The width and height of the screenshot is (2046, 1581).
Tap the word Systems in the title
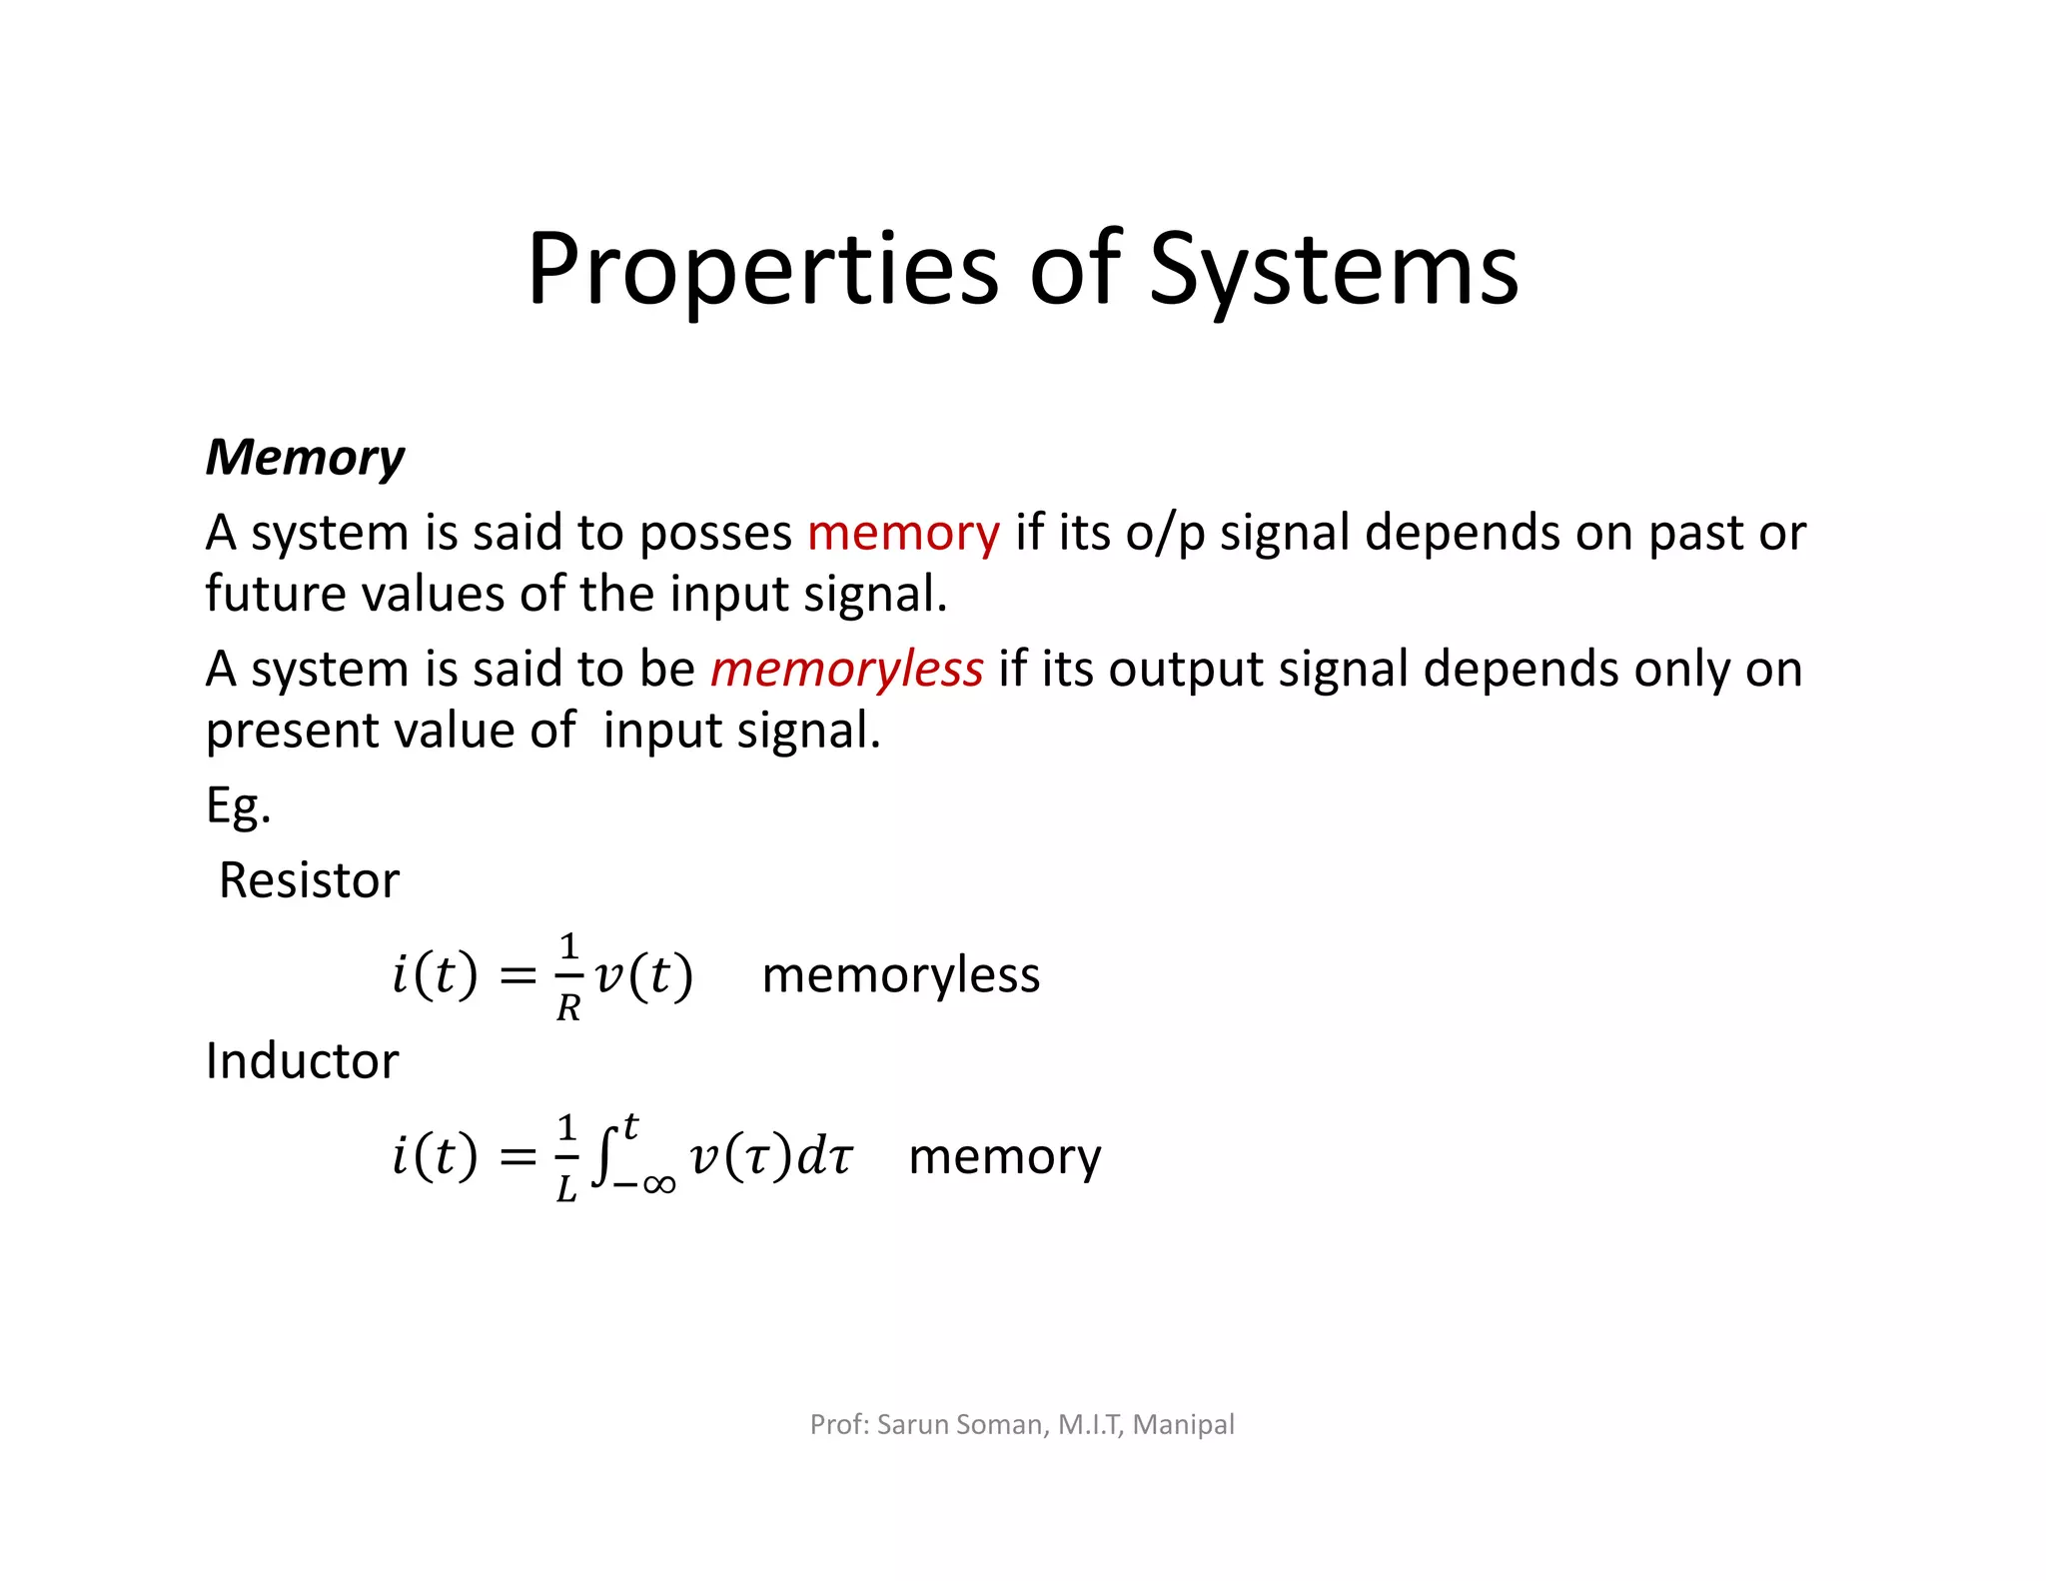point(1334,270)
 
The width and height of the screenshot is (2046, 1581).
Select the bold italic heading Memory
point(305,458)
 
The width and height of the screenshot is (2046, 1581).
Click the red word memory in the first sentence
point(903,533)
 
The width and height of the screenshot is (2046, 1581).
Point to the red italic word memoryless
point(847,669)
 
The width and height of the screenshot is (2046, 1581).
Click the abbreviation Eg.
point(238,806)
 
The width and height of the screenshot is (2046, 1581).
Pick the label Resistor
point(309,880)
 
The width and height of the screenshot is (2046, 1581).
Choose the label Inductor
point(302,1060)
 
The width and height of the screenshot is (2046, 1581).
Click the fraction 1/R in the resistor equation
point(568,975)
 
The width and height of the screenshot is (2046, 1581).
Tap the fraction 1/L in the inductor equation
point(566,1156)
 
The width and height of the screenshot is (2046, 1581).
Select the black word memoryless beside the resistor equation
point(901,974)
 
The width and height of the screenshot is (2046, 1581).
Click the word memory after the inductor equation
point(1005,1156)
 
